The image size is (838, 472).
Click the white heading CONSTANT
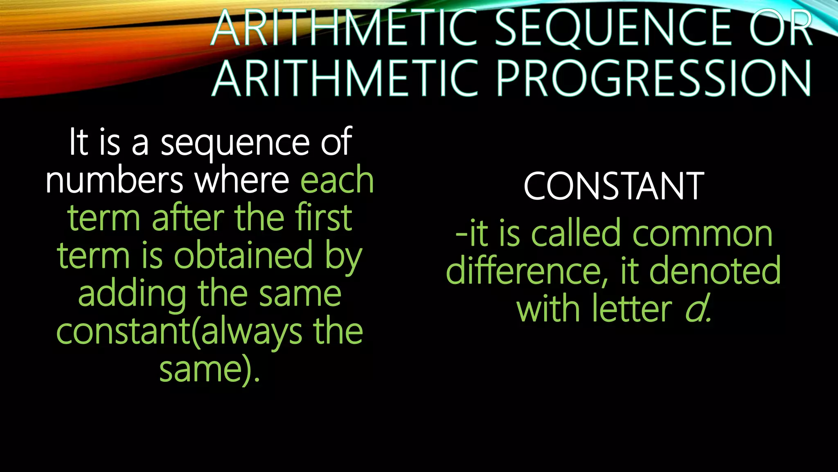(613, 187)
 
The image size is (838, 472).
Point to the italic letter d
(696, 309)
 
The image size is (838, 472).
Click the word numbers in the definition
(114, 181)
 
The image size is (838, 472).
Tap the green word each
(337, 181)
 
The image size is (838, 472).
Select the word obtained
(243, 256)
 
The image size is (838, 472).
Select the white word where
(242, 181)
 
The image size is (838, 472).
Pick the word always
(252, 332)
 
